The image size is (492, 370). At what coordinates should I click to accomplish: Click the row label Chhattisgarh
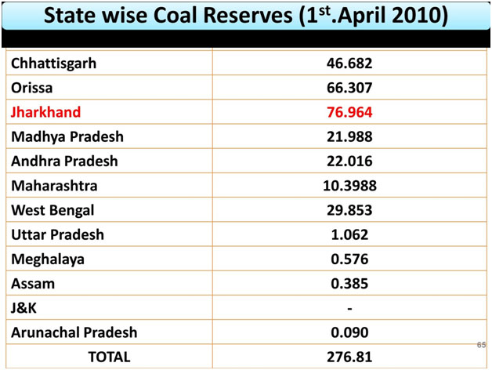coord(54,63)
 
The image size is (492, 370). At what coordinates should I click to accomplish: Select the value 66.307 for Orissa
coord(350,88)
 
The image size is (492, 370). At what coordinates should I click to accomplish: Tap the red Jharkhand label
coord(45,112)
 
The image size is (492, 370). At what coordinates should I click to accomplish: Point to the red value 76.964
coord(350,112)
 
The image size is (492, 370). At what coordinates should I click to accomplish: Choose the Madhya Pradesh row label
coord(67,136)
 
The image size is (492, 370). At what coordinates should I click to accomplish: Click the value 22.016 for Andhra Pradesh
coord(350,161)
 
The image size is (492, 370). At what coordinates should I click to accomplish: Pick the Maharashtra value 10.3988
coord(350,186)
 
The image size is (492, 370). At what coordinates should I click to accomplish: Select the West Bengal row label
coord(52,210)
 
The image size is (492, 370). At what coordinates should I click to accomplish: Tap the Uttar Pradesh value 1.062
coord(350,234)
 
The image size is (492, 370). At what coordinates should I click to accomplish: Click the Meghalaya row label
coord(48,259)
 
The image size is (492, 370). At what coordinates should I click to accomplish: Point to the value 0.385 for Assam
coord(350,283)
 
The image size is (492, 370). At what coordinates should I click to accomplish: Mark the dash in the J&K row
coord(350,308)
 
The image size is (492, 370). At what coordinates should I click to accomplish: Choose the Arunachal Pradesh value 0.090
coord(350,332)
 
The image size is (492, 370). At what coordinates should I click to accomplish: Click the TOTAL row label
coord(109,357)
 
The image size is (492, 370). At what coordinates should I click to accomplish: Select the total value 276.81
coord(350,357)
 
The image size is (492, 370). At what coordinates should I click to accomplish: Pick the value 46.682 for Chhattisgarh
coord(350,63)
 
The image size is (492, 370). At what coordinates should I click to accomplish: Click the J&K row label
coord(25,308)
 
